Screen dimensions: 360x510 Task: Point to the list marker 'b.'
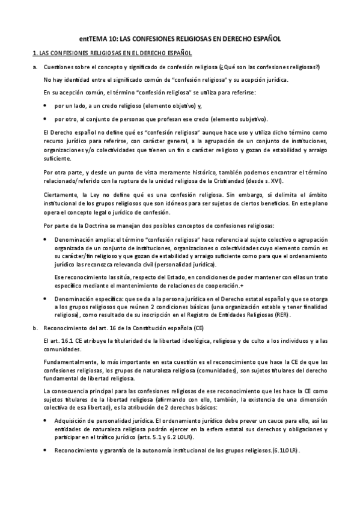point(35,328)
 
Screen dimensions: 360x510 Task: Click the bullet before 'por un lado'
point(47,105)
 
